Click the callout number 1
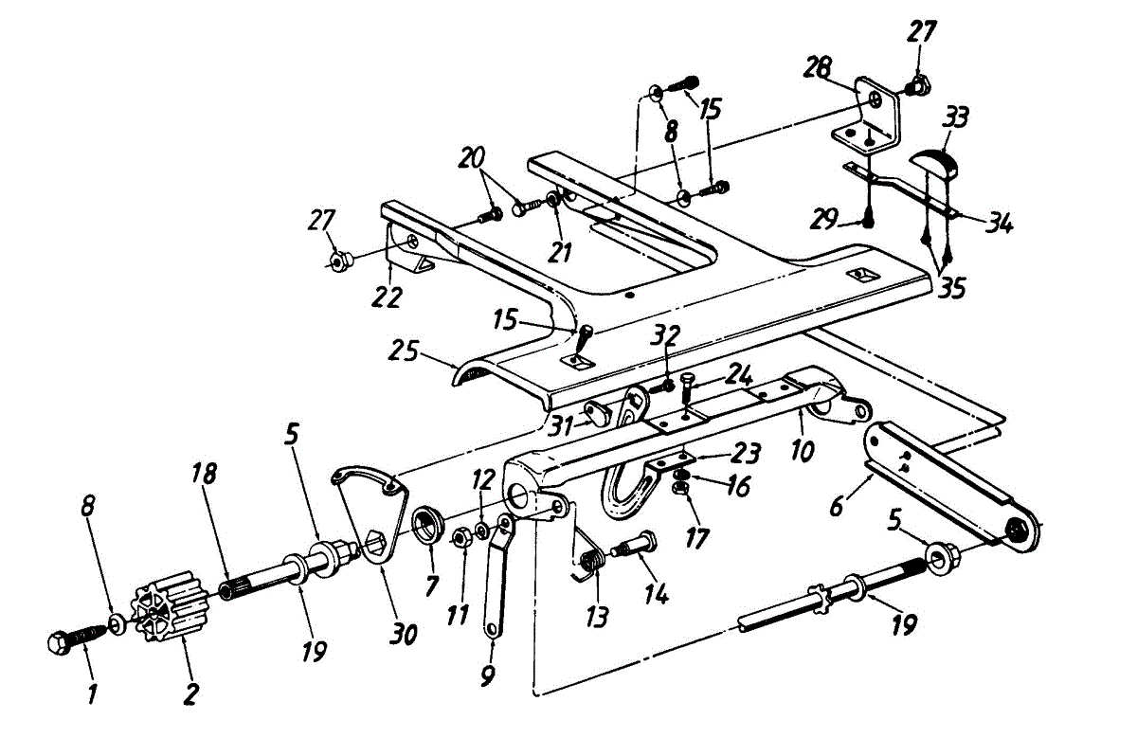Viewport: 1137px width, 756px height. (x=92, y=695)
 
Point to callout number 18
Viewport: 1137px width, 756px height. (x=204, y=474)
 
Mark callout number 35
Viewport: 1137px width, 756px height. (x=950, y=287)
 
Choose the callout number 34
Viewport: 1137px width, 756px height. (x=999, y=225)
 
